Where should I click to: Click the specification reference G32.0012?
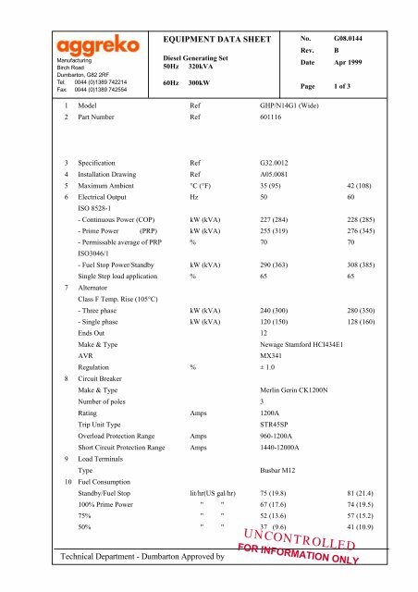click(277, 186)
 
